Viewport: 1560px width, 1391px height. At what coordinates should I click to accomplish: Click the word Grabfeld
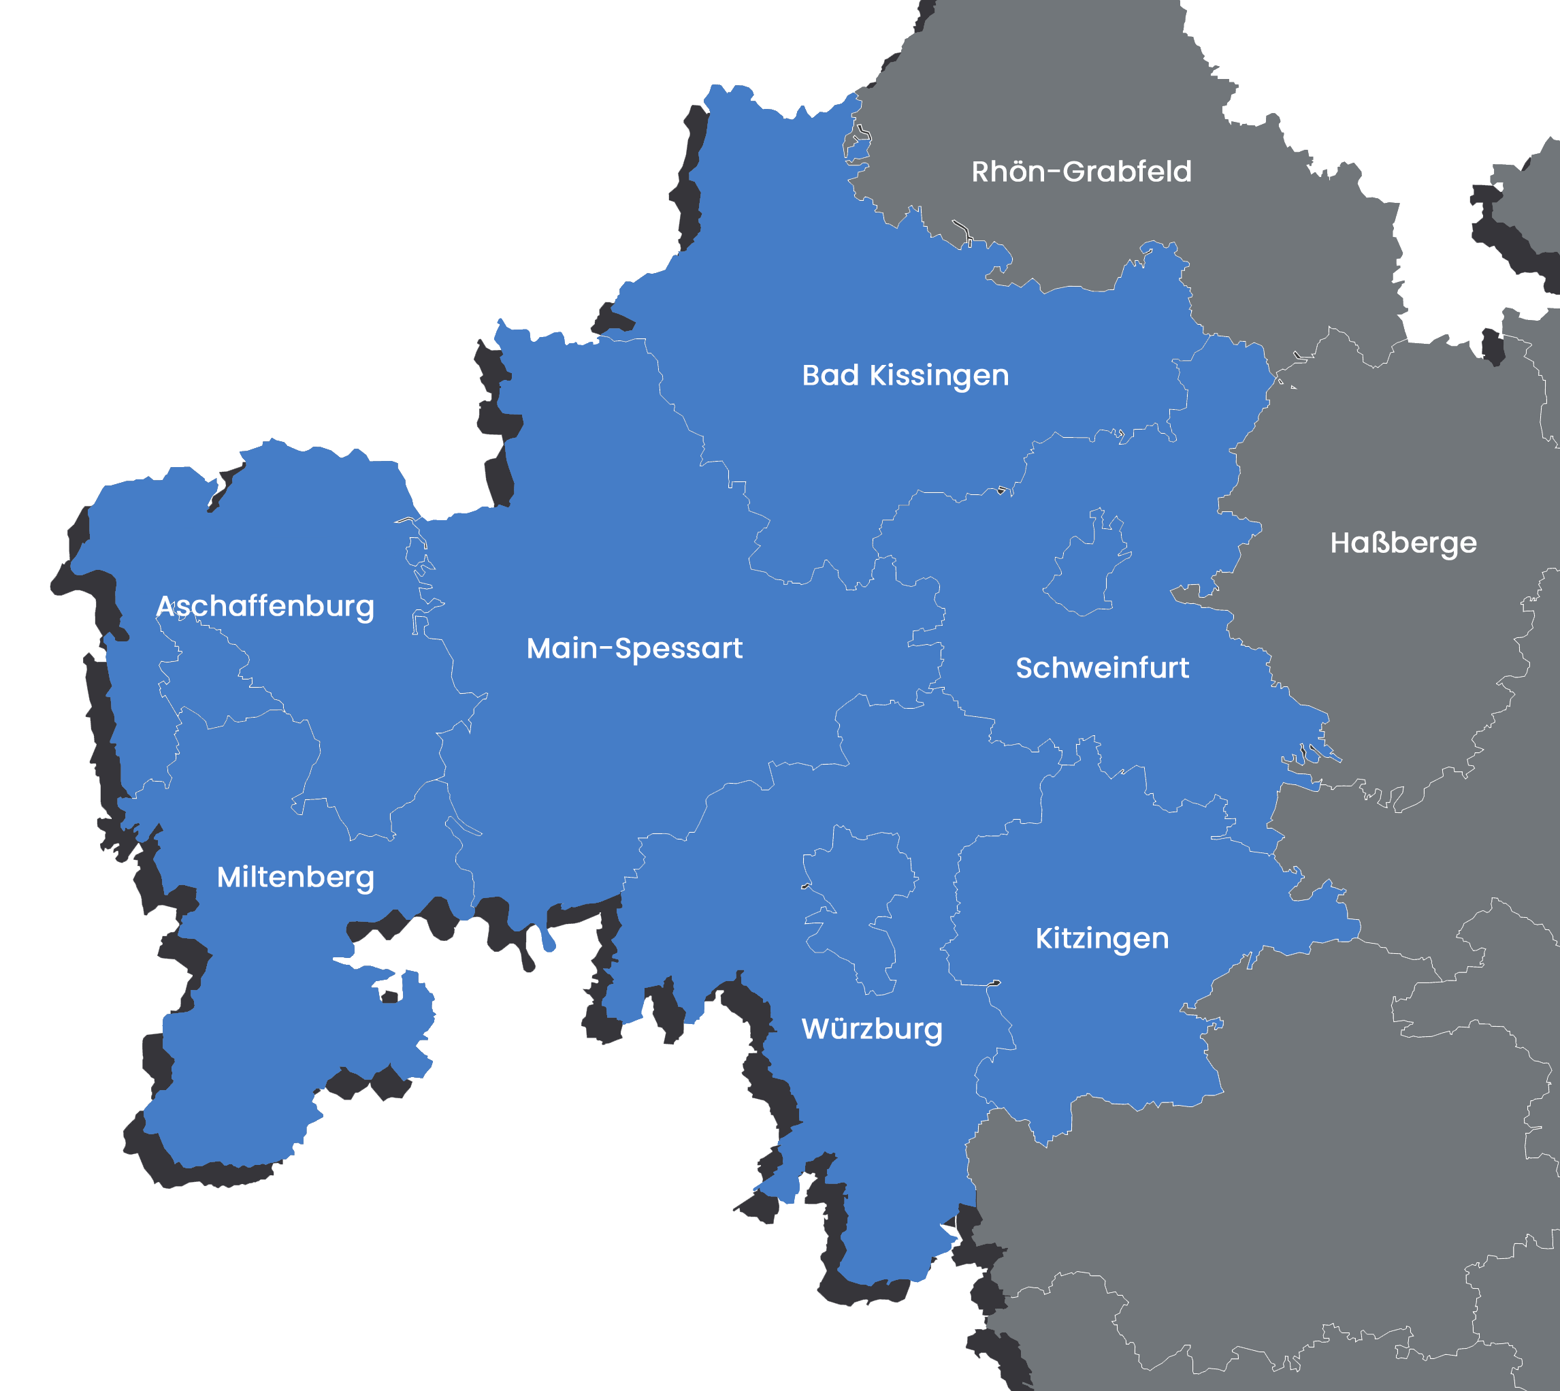tap(1127, 172)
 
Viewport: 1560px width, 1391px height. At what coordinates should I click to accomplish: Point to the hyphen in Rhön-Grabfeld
tap(1054, 173)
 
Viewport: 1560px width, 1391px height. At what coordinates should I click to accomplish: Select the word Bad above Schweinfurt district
tap(830, 375)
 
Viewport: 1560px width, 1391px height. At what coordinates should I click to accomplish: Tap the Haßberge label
tap(1403, 543)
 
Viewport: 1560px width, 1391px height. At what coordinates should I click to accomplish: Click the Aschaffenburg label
tap(265, 606)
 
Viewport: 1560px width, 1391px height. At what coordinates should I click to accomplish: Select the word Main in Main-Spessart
tap(562, 648)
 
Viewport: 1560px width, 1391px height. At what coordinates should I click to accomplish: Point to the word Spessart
tap(679, 650)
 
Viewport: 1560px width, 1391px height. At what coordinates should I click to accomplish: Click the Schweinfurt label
tap(1102, 668)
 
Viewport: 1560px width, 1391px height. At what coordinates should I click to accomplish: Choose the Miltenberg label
tap(295, 877)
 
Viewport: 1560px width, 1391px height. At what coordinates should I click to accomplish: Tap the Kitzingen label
tap(1102, 938)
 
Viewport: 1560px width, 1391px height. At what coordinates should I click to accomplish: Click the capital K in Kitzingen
tap(1043, 938)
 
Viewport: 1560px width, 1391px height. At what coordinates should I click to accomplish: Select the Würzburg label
tap(872, 1029)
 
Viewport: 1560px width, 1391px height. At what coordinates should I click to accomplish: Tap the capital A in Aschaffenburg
tap(166, 606)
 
